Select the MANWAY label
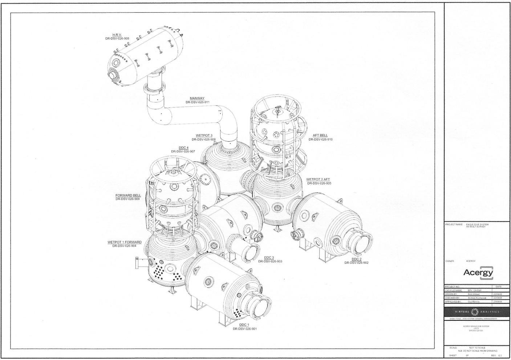click(x=197, y=98)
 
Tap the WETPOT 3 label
click(x=204, y=135)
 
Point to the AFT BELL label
click(x=320, y=135)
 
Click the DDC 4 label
click(x=183, y=147)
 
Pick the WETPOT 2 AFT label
click(x=318, y=179)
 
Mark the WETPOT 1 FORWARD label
click(x=124, y=242)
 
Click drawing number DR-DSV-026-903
click(x=270, y=261)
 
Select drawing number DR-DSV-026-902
click(x=356, y=263)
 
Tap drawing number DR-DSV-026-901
click(x=245, y=329)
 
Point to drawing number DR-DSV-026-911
click(x=197, y=102)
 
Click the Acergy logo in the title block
click(x=478, y=272)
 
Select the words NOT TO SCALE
click(x=477, y=348)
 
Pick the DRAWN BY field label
click(x=451, y=294)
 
